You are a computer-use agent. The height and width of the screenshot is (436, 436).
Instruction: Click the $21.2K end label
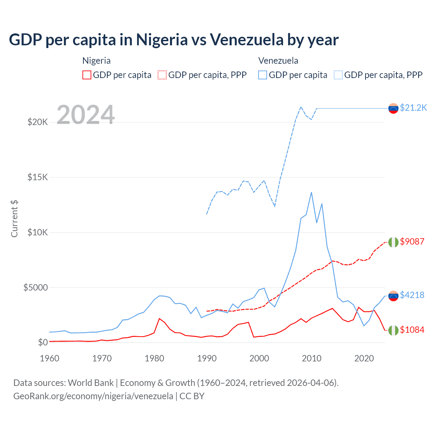(413, 108)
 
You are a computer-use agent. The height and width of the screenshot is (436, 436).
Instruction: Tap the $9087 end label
(412, 242)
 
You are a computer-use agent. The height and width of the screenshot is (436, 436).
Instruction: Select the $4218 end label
(412, 295)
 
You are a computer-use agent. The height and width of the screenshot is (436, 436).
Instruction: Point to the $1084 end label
(412, 330)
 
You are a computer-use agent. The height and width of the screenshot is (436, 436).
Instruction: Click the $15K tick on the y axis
(37, 177)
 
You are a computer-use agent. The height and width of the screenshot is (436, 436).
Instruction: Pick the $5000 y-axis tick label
(35, 287)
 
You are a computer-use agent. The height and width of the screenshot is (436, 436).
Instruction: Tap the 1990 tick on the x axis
(207, 358)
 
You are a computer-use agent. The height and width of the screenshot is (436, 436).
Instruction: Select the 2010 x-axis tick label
(312, 358)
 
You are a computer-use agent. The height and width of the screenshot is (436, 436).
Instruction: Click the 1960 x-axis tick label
(50, 358)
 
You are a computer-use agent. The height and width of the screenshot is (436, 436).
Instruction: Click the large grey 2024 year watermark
(85, 115)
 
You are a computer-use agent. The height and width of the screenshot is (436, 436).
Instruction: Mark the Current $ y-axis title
(14, 219)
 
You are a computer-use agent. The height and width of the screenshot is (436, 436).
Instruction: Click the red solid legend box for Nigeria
(87, 75)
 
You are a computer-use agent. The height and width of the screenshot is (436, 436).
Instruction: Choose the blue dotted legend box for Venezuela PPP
(338, 75)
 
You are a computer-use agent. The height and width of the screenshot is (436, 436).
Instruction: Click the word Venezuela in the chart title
(247, 40)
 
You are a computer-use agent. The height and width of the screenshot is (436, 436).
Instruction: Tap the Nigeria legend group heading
(96, 61)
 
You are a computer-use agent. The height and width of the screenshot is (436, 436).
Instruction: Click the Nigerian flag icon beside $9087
(393, 242)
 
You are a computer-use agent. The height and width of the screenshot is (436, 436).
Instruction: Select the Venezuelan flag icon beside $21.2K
(393, 108)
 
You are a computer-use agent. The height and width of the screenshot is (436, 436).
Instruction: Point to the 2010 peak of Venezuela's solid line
(311, 192)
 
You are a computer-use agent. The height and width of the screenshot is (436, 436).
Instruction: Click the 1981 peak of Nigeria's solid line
(159, 318)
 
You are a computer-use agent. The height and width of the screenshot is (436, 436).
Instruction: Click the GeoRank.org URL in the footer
(93, 396)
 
